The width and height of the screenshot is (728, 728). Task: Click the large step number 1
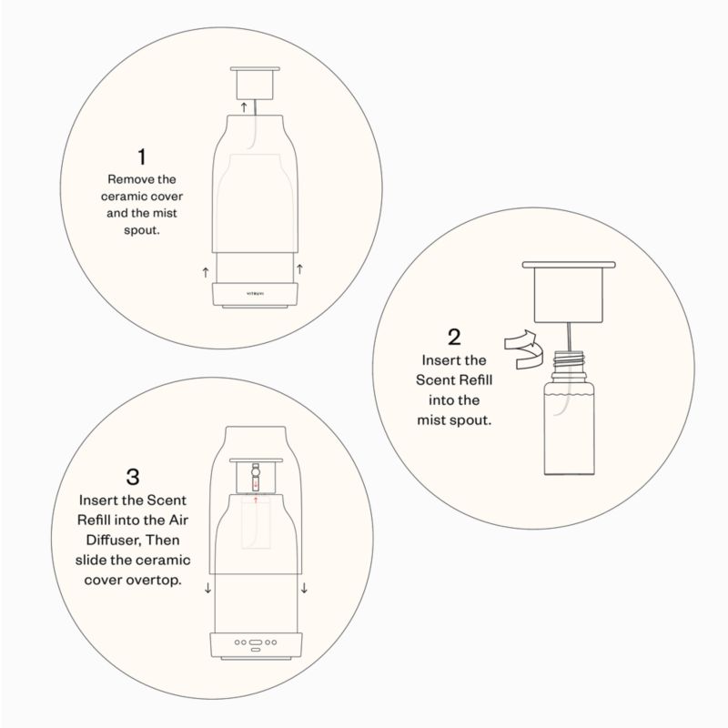[x=142, y=157]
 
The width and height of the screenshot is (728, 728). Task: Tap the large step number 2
[x=454, y=337]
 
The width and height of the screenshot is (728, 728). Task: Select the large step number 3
[x=133, y=477]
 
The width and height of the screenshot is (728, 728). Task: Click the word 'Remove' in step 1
[x=125, y=179]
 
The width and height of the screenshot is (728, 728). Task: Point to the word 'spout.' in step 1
[x=142, y=230]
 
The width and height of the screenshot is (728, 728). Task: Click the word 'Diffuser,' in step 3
[x=113, y=540]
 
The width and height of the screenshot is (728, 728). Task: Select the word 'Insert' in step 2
[x=437, y=360]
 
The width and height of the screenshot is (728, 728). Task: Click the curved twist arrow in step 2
[x=521, y=349]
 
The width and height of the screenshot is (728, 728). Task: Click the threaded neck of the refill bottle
[x=569, y=360]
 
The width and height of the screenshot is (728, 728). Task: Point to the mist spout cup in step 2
[x=569, y=292]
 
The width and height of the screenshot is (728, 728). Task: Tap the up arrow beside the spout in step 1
[x=244, y=107]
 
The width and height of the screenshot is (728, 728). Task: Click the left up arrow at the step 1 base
[x=206, y=272]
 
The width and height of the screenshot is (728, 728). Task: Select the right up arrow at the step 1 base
[x=300, y=268]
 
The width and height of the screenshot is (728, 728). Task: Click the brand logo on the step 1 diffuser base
[x=255, y=293]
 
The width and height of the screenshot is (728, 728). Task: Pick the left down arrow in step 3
[x=208, y=588]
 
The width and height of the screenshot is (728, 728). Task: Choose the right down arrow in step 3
[x=304, y=588]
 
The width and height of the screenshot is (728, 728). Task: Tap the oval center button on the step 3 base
[x=256, y=642]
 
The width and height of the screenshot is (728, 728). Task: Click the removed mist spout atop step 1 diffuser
[x=255, y=83]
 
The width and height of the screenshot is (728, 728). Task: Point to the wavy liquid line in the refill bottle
[x=569, y=395]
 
